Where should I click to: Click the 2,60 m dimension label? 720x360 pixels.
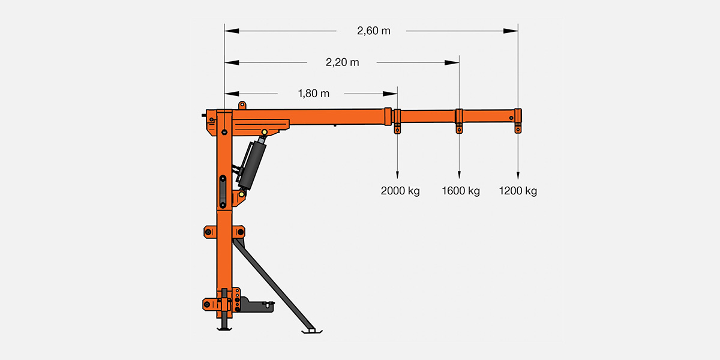373,31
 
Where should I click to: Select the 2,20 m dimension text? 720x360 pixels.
343,62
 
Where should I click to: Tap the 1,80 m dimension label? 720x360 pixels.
313,94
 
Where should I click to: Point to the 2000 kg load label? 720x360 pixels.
400,191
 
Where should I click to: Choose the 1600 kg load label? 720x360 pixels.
461,191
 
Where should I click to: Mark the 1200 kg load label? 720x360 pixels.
518,191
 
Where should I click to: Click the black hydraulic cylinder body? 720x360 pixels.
251,165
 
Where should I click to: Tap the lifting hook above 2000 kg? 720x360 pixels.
397,128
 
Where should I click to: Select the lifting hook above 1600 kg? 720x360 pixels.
459,128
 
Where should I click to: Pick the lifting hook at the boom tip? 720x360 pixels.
518,128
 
